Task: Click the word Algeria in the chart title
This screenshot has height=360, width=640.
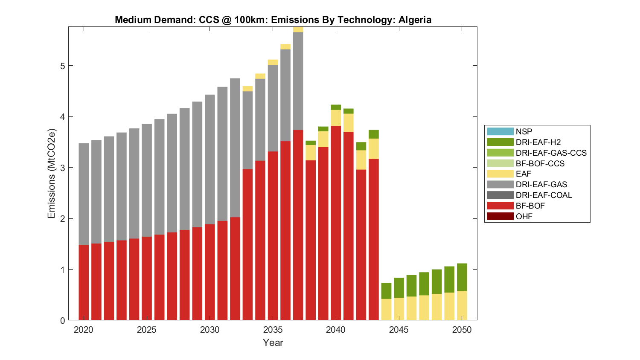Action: (x=415, y=20)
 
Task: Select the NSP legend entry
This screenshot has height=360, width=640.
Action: (x=524, y=132)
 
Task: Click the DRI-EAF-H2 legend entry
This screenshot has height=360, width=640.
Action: (x=538, y=142)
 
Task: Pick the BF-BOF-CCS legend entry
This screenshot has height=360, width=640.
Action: (x=540, y=164)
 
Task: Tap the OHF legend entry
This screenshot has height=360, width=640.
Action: (x=524, y=217)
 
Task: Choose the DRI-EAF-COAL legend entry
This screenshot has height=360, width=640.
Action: (x=544, y=195)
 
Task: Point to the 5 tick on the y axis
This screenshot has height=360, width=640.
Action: (x=62, y=66)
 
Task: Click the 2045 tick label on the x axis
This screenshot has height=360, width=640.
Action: (x=399, y=330)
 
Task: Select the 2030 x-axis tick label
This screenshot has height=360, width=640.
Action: (x=209, y=330)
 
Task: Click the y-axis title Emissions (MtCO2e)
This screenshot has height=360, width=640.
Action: (x=52, y=173)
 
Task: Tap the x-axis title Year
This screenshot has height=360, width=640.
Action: (x=273, y=343)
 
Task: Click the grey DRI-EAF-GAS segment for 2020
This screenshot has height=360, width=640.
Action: (x=84, y=194)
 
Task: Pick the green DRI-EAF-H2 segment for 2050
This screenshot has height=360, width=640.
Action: (x=462, y=277)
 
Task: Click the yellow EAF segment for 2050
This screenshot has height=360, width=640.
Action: (x=462, y=305)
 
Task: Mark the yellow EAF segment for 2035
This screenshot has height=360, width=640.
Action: (x=273, y=62)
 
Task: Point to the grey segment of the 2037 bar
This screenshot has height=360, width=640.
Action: (x=298, y=81)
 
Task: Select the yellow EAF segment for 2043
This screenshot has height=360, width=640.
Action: (x=374, y=149)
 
